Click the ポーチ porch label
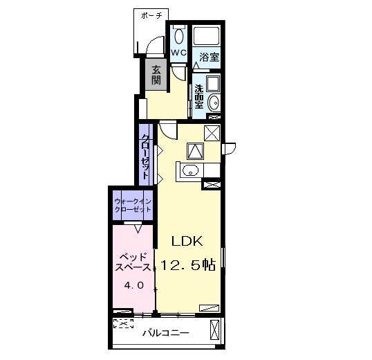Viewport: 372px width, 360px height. point(151,16)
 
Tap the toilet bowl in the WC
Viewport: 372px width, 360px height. point(178,36)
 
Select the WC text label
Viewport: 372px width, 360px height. point(178,53)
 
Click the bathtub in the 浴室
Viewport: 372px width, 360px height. point(207,36)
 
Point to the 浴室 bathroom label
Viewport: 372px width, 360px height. point(209,57)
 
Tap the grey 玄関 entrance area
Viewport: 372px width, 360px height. point(156,74)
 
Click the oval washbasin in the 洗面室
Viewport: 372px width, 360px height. point(214,103)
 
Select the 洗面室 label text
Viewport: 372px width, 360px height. point(199,97)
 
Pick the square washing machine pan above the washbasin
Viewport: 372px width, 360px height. point(213,84)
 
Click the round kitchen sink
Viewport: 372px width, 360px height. point(190,170)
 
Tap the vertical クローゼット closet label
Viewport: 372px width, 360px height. point(145,156)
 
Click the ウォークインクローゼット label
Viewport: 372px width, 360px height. point(133,206)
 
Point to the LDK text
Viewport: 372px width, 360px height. point(187,241)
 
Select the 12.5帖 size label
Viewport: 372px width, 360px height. point(188,264)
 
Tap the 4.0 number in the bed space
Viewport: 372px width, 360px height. point(134,285)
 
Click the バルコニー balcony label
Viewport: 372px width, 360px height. point(165,333)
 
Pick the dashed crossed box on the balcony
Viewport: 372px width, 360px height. point(123,323)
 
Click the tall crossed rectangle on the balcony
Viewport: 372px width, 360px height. point(215,330)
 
